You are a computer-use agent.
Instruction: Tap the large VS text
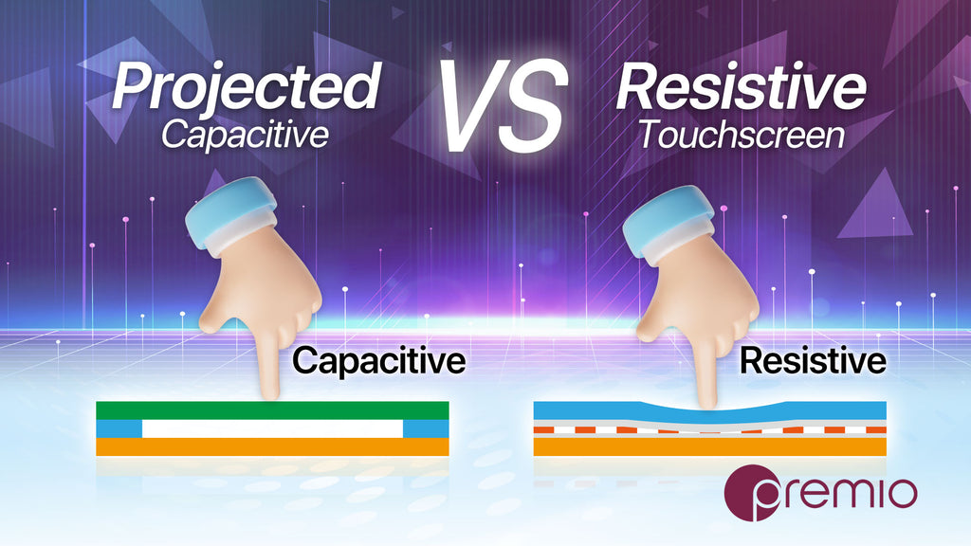coord(503,105)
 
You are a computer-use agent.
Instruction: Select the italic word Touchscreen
coord(742,135)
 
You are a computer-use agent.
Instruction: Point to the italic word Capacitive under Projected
coord(246,136)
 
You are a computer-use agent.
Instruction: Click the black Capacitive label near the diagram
coord(379,361)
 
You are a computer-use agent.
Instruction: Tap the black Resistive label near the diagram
coord(813,360)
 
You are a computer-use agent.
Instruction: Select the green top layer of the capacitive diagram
coord(272,410)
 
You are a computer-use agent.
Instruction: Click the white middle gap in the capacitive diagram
coord(272,429)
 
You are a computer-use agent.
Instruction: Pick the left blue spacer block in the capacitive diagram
coord(119,429)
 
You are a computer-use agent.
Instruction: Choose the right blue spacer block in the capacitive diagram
coord(426,429)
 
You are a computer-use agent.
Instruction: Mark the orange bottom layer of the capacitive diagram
coord(272,447)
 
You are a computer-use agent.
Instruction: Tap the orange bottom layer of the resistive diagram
coord(709,447)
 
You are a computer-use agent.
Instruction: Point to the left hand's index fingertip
coord(270,393)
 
